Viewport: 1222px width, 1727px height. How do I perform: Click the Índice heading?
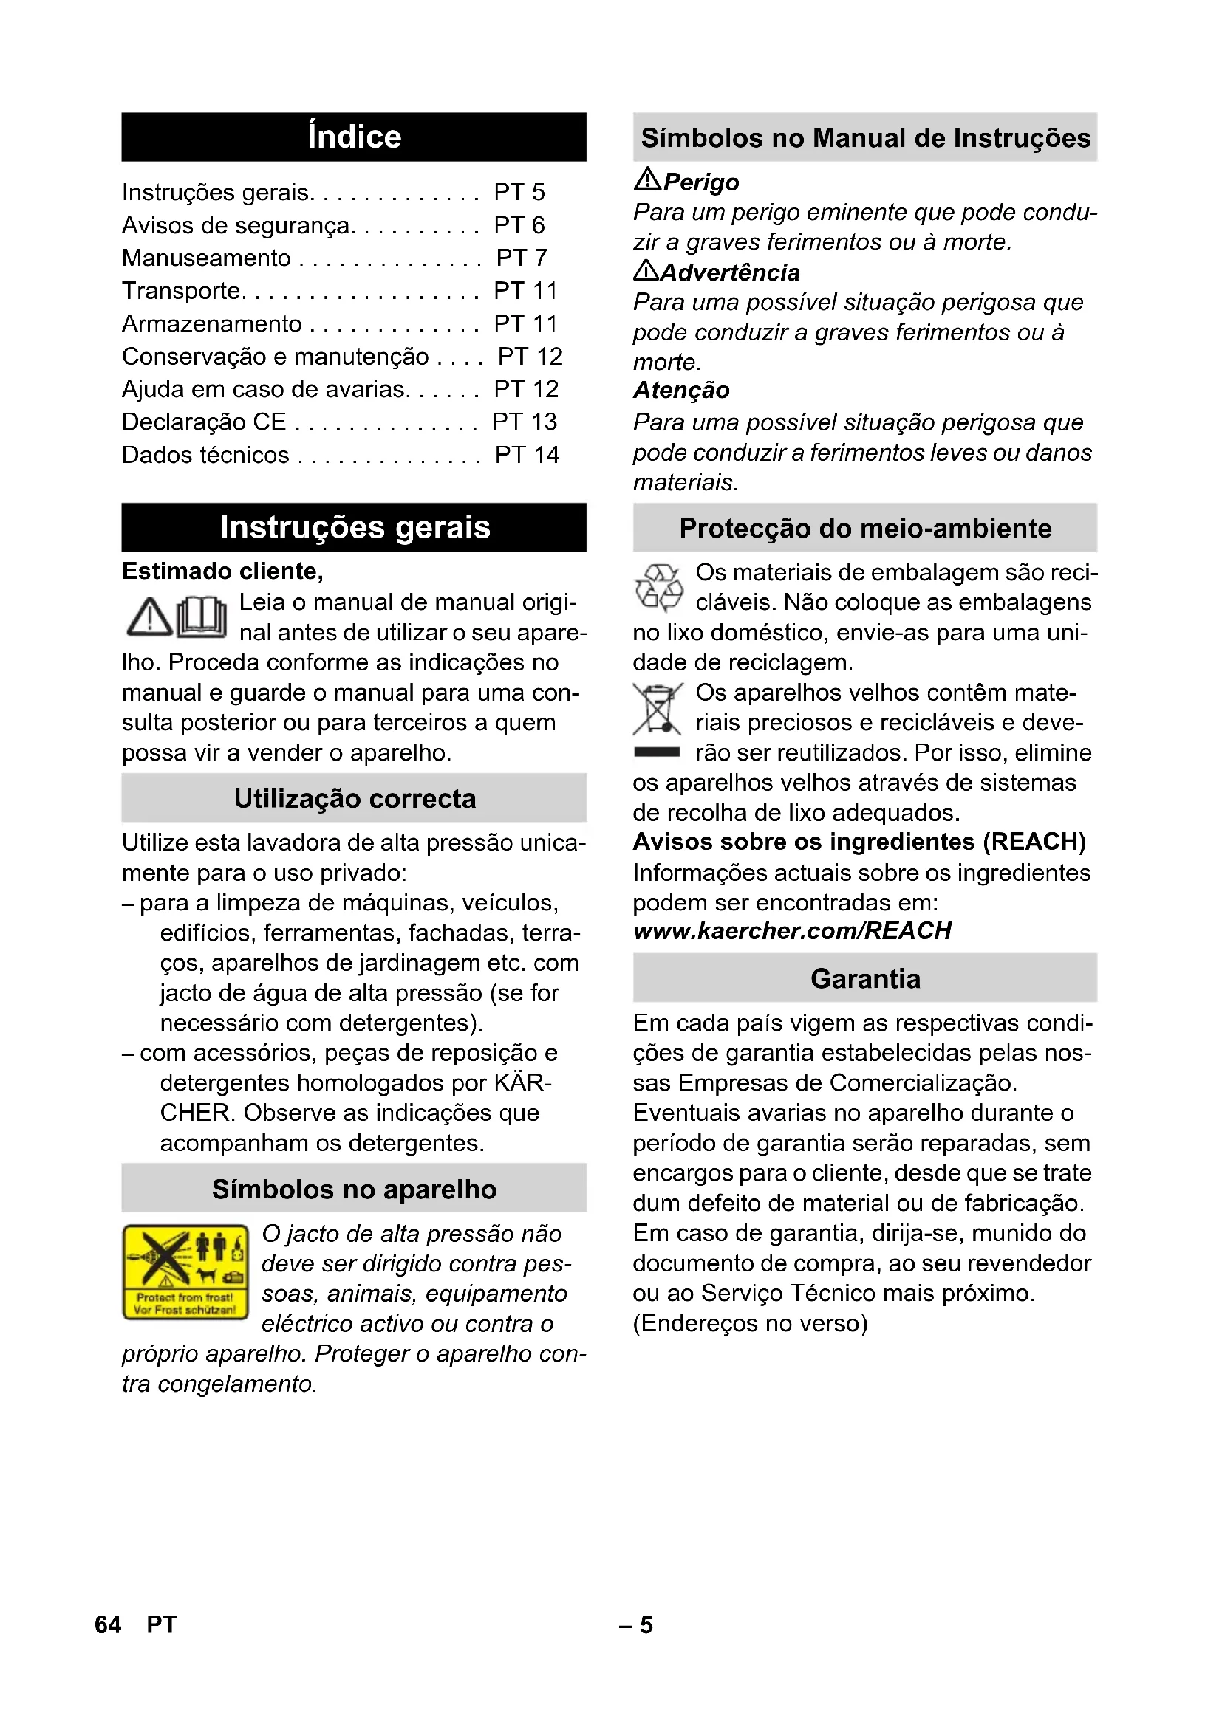pos(354,137)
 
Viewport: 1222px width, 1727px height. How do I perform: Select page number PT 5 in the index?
pos(519,193)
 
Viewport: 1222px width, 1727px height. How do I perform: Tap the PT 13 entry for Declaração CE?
pos(525,422)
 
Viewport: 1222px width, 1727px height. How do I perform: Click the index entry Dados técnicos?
pos(205,455)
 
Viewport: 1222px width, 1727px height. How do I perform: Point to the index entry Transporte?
pos(181,291)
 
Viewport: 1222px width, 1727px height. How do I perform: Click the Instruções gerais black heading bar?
pos(354,527)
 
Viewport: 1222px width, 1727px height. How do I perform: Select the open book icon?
pos(202,617)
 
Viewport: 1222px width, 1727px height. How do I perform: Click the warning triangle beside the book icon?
pos(149,617)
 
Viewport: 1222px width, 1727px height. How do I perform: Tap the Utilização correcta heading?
pos(354,798)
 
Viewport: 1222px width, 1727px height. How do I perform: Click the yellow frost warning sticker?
pos(185,1271)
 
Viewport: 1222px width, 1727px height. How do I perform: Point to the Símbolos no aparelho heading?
pos(354,1189)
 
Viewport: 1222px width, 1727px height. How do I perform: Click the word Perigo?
pos(701,182)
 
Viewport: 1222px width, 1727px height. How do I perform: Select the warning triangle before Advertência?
pos(646,270)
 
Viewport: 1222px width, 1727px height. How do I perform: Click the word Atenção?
pos(681,391)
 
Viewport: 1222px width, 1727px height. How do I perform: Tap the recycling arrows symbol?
pos(659,588)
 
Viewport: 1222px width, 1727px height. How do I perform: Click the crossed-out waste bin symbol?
pos(658,709)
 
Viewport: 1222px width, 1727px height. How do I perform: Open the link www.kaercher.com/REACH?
pos(792,931)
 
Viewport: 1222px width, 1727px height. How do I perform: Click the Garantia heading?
pos(864,978)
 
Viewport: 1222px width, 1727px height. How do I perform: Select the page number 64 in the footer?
pos(108,1624)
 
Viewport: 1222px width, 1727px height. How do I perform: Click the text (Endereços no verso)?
pos(750,1323)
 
